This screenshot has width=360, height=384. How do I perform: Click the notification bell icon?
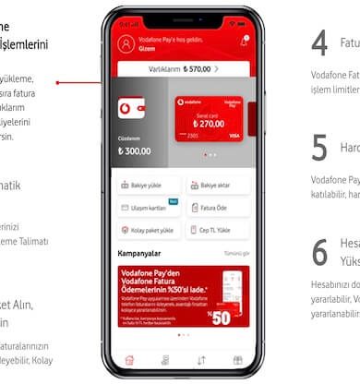(x=244, y=42)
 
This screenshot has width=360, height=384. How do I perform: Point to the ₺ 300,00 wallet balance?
(x=137, y=150)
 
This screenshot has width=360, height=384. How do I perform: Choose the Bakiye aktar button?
(x=218, y=185)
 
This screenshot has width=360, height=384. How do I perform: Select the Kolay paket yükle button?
(x=146, y=231)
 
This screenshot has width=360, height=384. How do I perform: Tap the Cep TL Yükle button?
(x=218, y=231)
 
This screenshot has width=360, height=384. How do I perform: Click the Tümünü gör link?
(x=237, y=253)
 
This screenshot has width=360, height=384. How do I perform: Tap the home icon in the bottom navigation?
(x=129, y=360)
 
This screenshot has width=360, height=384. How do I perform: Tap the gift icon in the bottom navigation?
(x=237, y=360)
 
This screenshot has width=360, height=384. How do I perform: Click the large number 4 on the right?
(x=319, y=44)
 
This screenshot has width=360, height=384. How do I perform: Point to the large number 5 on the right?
(x=319, y=148)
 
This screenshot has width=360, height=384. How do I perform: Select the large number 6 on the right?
(x=319, y=251)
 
